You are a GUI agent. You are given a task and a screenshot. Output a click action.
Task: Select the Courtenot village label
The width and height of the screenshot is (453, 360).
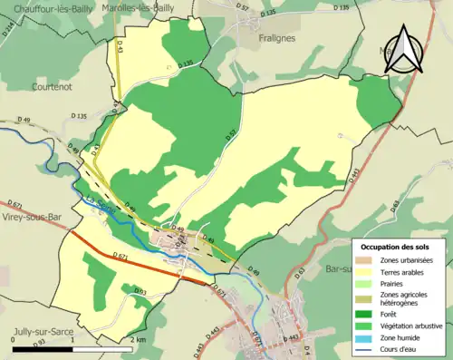[35, 87]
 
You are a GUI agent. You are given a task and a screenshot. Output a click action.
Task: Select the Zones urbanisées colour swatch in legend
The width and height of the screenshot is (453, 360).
[367, 259]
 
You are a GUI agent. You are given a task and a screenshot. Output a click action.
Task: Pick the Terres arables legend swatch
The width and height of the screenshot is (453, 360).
[367, 271]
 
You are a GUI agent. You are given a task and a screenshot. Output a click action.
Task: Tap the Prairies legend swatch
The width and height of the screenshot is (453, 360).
[367, 283]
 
